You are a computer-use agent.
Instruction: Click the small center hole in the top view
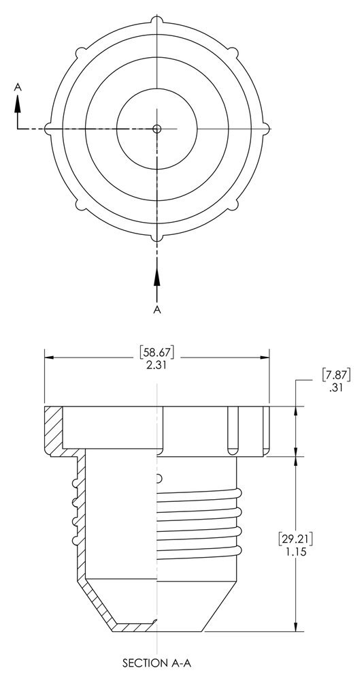[157, 128]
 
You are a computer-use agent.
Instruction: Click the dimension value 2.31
[157, 365]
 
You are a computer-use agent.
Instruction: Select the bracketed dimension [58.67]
[157, 352]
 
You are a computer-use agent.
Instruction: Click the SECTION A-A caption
[157, 661]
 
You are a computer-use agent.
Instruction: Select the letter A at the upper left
[18, 86]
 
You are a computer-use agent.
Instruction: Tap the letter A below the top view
[157, 309]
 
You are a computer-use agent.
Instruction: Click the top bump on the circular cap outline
[157, 18]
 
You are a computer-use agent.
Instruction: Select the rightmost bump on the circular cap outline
[267, 128]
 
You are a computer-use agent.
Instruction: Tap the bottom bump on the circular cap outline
[157, 238]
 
